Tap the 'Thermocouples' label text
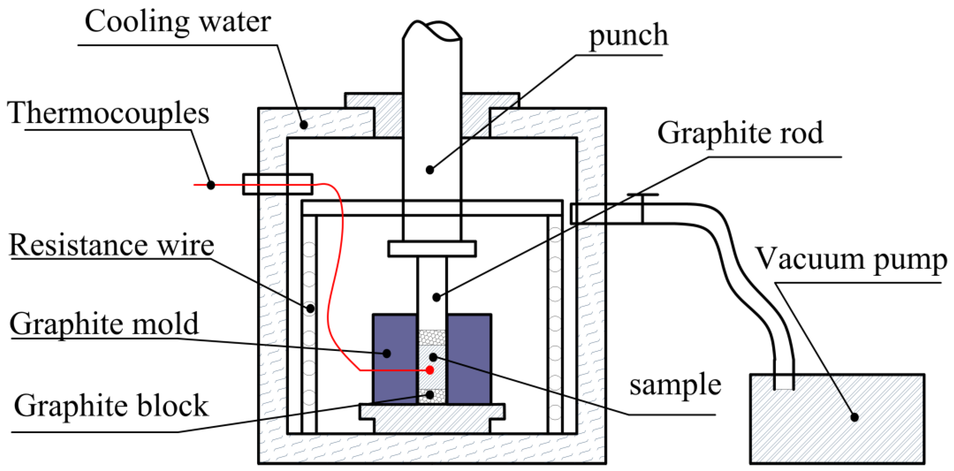click(108, 113)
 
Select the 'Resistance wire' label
click(111, 245)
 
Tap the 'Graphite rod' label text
click(740, 133)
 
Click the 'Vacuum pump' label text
click(851, 260)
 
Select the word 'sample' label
click(675, 385)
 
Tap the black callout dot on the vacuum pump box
click(854, 417)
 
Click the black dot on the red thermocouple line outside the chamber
click(210, 185)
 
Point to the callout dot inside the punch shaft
click(430, 170)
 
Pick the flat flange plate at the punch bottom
click(432, 249)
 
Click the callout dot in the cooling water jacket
click(304, 125)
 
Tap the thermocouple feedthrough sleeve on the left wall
click(278, 185)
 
